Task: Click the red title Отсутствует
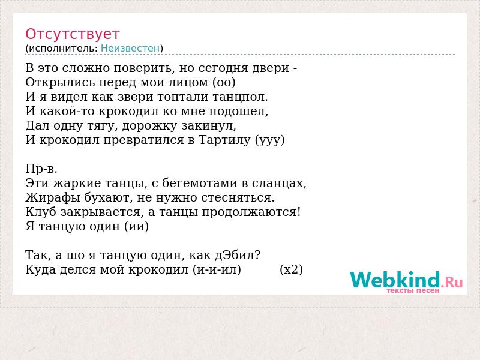(72, 34)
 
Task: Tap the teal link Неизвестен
(130, 49)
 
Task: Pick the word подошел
(238, 112)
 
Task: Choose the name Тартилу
(224, 140)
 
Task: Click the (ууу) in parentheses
(269, 140)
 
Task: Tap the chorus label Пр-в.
(41, 169)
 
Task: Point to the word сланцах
(279, 183)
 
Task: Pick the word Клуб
(41, 212)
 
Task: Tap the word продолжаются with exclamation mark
(251, 212)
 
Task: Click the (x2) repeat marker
(291, 269)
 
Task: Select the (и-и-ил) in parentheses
(217, 269)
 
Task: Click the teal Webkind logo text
(395, 280)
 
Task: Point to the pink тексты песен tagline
(413, 290)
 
